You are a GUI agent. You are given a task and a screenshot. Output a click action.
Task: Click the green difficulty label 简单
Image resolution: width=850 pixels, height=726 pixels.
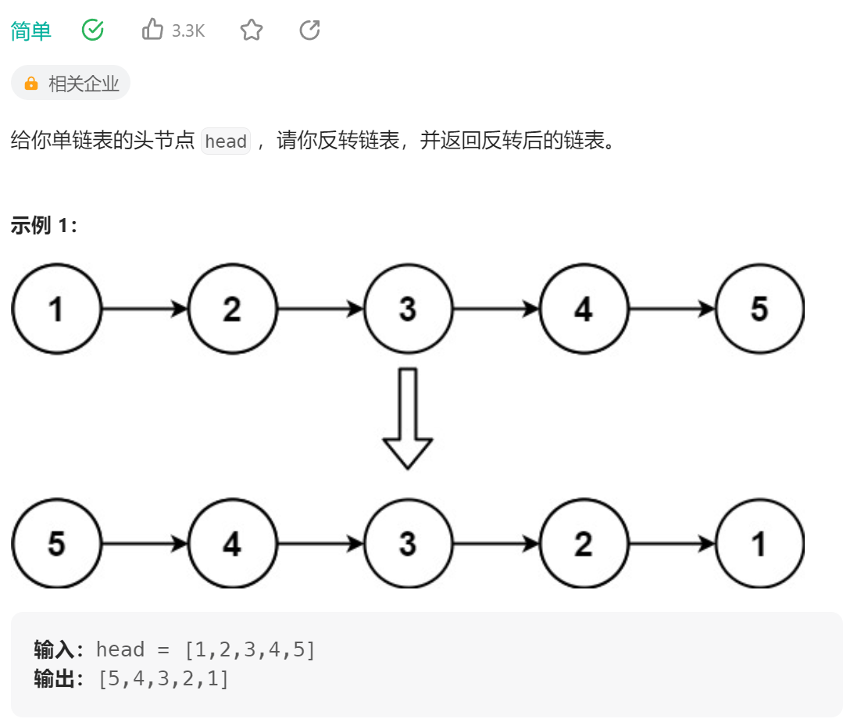(x=31, y=30)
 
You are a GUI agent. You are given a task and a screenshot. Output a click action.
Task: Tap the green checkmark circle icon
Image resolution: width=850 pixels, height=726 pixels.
(x=93, y=30)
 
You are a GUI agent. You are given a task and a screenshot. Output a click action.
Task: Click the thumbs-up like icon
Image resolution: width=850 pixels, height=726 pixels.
(x=152, y=30)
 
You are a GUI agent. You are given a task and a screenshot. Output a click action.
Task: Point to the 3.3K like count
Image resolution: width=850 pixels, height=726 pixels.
(x=188, y=31)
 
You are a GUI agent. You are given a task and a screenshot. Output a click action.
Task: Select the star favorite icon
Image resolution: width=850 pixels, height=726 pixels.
(x=251, y=30)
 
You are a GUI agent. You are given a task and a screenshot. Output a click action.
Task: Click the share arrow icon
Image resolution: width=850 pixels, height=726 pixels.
(x=310, y=30)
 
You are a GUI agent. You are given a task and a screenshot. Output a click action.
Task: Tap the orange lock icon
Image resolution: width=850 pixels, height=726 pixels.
(x=31, y=84)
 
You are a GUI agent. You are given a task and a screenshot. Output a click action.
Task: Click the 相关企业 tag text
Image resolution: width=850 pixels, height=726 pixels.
(x=84, y=84)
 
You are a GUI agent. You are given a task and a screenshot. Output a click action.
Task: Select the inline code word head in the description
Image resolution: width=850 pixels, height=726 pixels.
(x=226, y=141)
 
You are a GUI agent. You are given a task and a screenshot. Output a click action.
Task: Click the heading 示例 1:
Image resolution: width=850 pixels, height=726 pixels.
(x=45, y=227)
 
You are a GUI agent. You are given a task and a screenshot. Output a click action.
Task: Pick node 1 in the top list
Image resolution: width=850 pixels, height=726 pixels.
(x=56, y=309)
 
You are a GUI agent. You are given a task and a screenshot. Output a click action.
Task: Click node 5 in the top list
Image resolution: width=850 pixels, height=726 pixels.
(x=759, y=309)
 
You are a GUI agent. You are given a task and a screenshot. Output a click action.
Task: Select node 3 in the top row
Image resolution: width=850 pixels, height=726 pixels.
(x=408, y=309)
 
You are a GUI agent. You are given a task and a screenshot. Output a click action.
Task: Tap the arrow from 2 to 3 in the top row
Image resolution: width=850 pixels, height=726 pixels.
(x=320, y=309)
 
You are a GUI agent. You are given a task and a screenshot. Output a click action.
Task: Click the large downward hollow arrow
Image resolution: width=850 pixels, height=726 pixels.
(x=408, y=418)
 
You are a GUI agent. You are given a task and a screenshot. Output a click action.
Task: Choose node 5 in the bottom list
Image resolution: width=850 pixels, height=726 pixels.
(x=56, y=544)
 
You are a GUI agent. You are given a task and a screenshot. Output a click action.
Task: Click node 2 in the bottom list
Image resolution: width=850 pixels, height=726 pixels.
(x=584, y=544)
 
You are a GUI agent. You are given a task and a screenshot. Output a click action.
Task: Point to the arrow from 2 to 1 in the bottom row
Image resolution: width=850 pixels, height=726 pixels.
(x=672, y=544)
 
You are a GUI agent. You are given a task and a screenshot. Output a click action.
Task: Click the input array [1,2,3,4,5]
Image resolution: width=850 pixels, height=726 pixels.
(x=249, y=649)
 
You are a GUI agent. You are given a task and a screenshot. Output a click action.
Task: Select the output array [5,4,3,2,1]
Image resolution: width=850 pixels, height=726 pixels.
(x=163, y=678)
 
